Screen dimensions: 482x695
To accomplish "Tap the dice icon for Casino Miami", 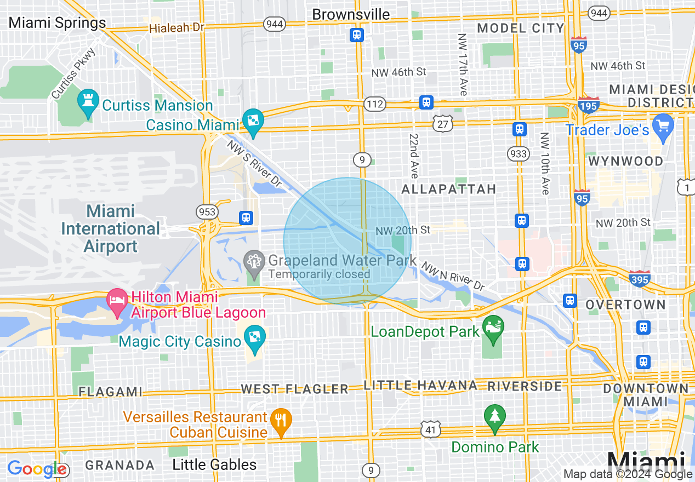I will tap(253, 122).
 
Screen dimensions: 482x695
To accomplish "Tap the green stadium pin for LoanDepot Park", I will tap(493, 328).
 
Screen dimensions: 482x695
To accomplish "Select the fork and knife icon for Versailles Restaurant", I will tap(281, 421).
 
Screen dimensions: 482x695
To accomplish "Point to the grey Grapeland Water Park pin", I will tap(253, 261).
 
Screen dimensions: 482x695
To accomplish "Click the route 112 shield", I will tap(376, 104).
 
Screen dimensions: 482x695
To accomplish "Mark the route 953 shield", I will tap(208, 212).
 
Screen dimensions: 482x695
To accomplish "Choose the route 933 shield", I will tap(518, 154).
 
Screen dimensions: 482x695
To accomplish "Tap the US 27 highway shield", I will tap(442, 124).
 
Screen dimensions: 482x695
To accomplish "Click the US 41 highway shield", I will tap(431, 430).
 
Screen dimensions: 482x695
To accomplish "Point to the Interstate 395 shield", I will tap(640, 279).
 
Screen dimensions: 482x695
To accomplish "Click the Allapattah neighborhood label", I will tap(448, 190).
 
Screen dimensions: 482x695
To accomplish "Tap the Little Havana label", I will tap(421, 386).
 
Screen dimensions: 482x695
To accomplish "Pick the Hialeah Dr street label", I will tap(176, 27).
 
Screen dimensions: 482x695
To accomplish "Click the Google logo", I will tap(37, 469).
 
